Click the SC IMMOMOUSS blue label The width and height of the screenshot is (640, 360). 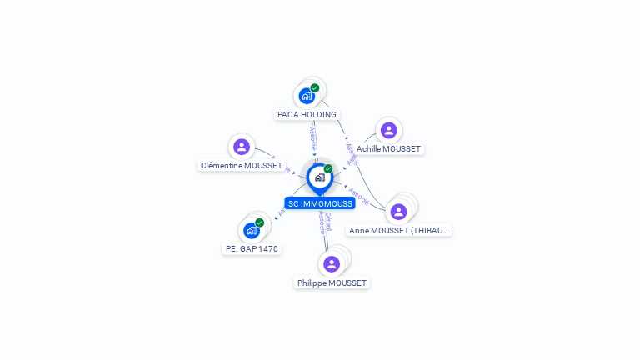pyautogui.click(x=320, y=203)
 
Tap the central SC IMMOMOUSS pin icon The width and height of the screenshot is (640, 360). pyautogui.click(x=319, y=177)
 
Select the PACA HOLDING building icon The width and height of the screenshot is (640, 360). pyautogui.click(x=307, y=96)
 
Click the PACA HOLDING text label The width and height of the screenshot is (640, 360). pyautogui.click(x=307, y=114)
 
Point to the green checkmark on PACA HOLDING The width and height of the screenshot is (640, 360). pyautogui.click(x=315, y=87)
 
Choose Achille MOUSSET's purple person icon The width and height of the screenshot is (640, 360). pyautogui.click(x=388, y=130)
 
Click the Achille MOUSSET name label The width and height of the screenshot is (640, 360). pyautogui.click(x=389, y=148)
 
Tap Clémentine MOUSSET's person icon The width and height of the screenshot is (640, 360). pyautogui.click(x=242, y=147)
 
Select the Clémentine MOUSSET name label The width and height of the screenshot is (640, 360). pyautogui.click(x=242, y=165)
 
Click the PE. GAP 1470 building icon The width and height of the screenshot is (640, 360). pyautogui.click(x=251, y=231)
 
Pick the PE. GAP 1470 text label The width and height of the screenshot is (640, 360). pyautogui.click(x=252, y=248)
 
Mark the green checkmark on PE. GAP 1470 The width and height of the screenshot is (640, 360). pyautogui.click(x=260, y=222)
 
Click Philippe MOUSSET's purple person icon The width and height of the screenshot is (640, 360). pyautogui.click(x=332, y=264)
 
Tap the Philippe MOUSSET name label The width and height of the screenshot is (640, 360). pyautogui.click(x=332, y=282)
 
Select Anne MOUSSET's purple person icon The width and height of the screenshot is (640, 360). pyautogui.click(x=398, y=212)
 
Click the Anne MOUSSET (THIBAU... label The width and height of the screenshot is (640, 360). pyautogui.click(x=399, y=230)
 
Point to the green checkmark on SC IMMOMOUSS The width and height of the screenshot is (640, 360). pyautogui.click(x=328, y=168)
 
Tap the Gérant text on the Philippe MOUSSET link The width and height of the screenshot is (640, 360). pyautogui.click(x=328, y=219)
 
